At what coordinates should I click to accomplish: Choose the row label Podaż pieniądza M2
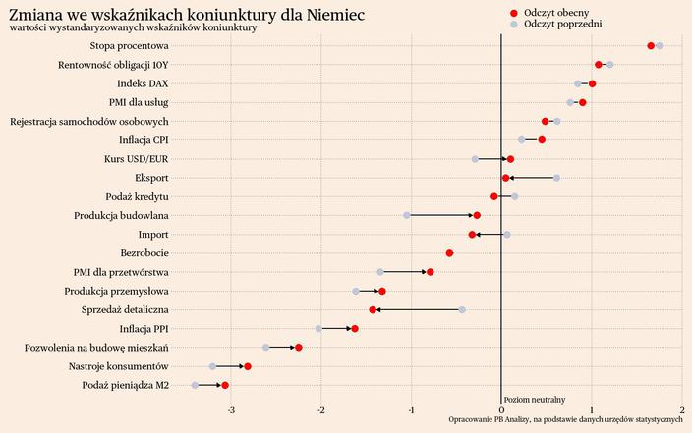pos(125,385)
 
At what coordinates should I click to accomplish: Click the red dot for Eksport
pos(506,178)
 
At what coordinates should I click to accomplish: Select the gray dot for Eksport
pos(556,178)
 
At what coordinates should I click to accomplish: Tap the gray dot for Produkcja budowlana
pos(407,215)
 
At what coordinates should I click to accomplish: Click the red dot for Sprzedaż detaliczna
pos(373,309)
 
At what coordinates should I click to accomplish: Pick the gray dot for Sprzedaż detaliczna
pos(462,309)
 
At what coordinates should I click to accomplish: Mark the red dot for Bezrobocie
pos(449,253)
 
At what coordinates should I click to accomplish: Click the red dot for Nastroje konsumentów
pos(248,366)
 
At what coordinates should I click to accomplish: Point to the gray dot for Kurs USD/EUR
pos(475,159)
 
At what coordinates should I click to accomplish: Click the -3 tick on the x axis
pos(230,409)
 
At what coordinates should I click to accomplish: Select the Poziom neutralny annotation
pos(534,400)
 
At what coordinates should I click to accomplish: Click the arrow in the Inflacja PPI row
pos(336,328)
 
